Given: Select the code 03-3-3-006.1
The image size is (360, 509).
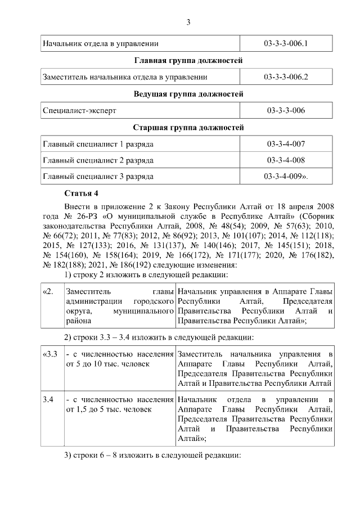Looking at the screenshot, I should (286, 43).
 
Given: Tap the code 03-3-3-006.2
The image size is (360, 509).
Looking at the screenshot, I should (286, 77).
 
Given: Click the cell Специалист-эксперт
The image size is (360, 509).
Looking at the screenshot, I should (79, 111).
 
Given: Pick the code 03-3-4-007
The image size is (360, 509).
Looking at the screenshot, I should (286, 145).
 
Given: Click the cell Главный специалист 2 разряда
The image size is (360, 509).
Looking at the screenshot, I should (98, 160).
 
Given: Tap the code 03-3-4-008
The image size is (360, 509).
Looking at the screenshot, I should (286, 160).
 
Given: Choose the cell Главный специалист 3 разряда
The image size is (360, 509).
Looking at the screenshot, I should (98, 176).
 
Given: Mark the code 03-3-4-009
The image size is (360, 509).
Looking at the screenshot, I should (286, 176).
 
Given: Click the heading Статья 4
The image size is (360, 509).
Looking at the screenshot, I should (81, 193).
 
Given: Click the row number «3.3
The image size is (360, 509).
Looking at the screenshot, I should (50, 354).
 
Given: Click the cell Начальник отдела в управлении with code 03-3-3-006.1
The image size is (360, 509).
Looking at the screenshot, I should (101, 43).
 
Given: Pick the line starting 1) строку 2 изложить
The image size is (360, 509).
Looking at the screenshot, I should (146, 275).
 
